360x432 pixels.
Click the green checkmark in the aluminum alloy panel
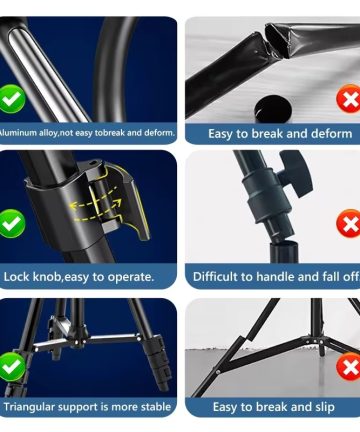(11, 99)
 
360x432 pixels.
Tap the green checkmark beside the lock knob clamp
(11, 223)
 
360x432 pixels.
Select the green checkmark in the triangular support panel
(11, 367)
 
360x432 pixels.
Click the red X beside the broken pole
(349, 99)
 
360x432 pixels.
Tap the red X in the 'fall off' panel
(349, 223)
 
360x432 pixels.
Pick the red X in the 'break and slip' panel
(349, 367)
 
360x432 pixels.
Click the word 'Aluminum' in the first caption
(18, 133)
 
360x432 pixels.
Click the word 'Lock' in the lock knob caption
(16, 277)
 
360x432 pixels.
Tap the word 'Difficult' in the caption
(213, 277)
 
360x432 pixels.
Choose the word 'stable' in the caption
(156, 407)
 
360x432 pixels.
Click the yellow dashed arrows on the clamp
(96, 205)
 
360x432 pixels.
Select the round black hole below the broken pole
(273, 108)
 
